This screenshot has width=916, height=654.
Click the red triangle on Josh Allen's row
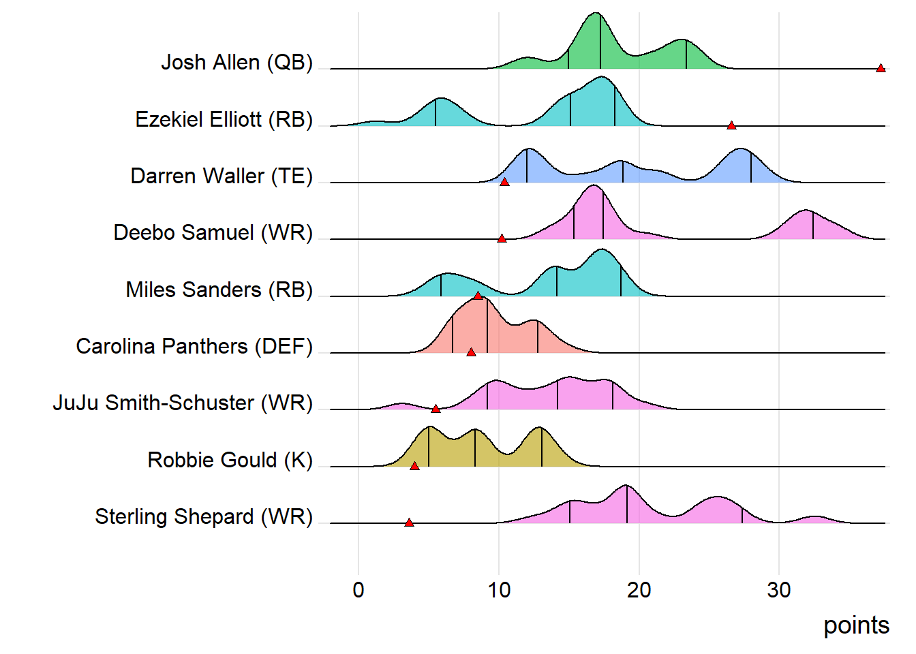881,68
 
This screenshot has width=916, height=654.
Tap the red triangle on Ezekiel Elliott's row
731,125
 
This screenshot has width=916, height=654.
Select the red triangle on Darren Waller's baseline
504,182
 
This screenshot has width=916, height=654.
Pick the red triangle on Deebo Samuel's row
502,238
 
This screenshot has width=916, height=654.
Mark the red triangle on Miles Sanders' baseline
478,296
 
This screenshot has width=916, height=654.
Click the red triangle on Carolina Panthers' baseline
471,352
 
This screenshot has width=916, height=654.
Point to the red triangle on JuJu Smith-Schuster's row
436,409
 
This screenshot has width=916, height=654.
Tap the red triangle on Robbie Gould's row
414,466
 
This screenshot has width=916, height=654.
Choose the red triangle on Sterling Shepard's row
409,523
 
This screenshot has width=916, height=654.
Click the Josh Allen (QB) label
236,63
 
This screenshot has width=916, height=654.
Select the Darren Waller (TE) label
222,176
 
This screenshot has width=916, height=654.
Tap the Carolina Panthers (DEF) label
194,347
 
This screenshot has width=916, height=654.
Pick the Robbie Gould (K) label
230,461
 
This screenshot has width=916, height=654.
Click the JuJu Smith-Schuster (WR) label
183,403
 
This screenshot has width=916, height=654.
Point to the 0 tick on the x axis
358,590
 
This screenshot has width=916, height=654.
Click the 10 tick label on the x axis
499,590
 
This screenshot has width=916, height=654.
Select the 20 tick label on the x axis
639,590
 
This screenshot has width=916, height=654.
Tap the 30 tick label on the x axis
779,590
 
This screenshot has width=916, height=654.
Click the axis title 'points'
856,625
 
